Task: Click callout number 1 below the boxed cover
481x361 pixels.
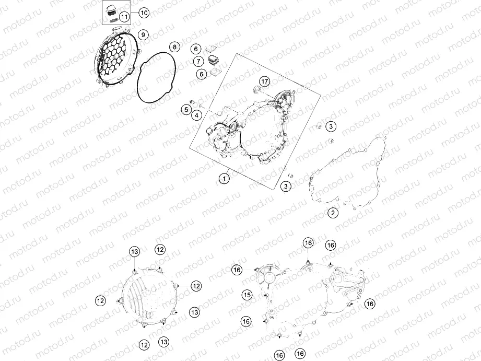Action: point(224,178)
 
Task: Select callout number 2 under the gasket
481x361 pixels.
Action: point(333,213)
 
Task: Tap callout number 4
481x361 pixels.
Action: point(197,116)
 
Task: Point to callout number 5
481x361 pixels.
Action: point(186,109)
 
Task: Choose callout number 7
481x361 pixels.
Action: point(198,61)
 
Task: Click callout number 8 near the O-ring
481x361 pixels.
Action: point(174,47)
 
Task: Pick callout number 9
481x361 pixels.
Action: point(143,35)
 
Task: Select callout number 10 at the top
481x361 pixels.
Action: point(144,13)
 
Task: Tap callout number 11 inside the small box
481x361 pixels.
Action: point(124,17)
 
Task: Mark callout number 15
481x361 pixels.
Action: point(247,295)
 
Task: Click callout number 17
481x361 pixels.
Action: point(264,81)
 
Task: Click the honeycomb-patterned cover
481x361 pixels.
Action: point(116,56)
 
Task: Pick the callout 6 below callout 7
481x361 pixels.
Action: point(202,74)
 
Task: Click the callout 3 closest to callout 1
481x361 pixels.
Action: point(286,186)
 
